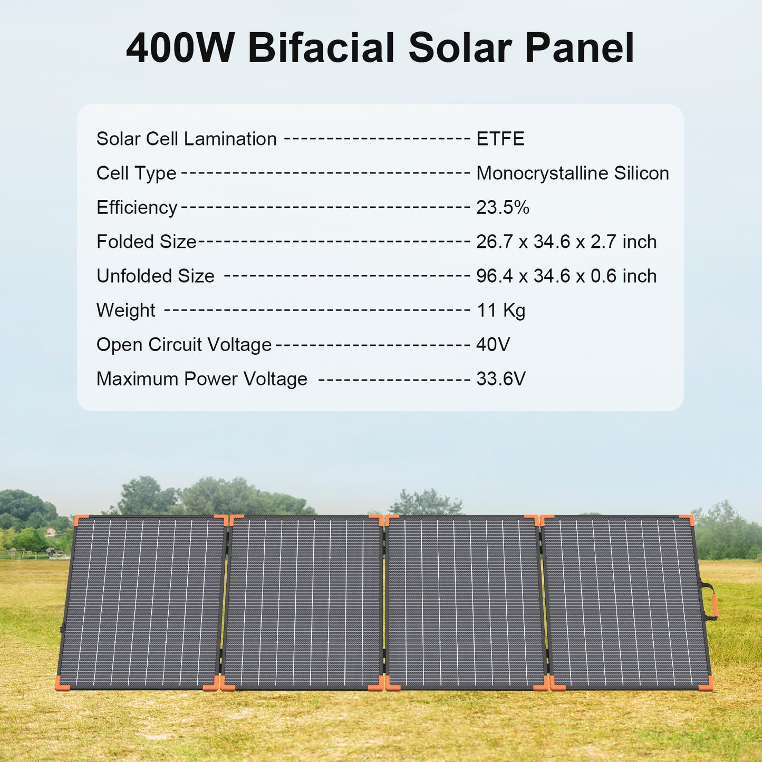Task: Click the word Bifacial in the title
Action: [321, 49]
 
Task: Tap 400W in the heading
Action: [180, 49]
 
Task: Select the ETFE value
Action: [500, 139]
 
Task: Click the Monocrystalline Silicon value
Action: [572, 173]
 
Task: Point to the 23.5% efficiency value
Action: [502, 208]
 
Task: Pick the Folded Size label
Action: [146, 242]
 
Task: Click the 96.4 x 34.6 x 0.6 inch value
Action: [566, 276]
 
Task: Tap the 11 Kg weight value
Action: [500, 311]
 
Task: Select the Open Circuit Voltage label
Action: [184, 345]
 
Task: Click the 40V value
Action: [493, 345]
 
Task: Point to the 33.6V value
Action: [500, 379]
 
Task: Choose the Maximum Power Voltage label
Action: [201, 379]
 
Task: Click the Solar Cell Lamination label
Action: [186, 139]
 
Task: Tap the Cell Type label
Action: [136, 173]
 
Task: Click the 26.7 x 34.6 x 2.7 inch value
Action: [566, 242]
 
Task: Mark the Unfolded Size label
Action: [155, 276]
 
